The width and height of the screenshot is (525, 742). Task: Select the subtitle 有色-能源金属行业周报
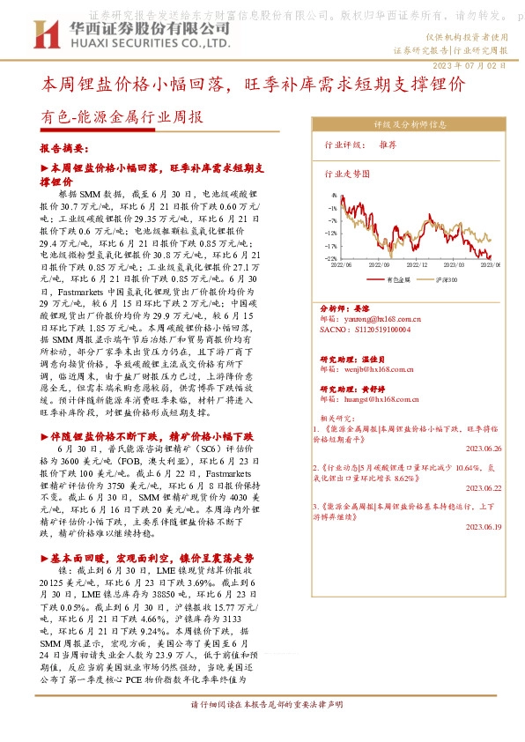point(122,116)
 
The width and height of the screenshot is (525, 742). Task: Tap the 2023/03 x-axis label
point(455,263)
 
